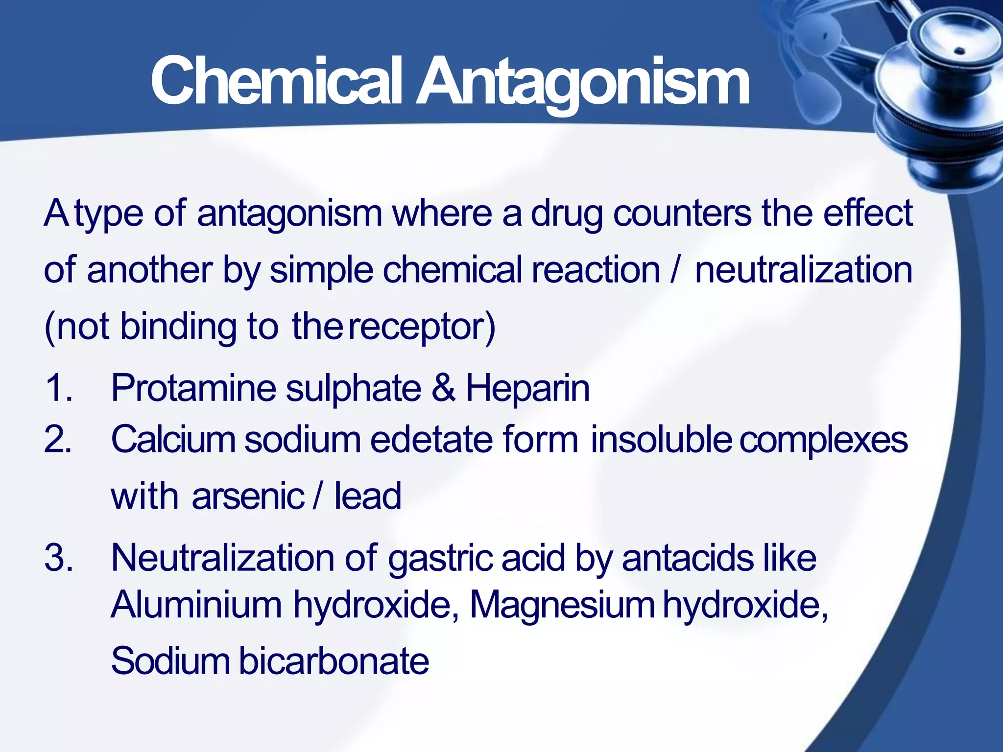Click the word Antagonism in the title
[x=583, y=82]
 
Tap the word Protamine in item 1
[x=193, y=388]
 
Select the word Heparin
[x=527, y=388]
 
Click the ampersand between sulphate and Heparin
[x=443, y=388]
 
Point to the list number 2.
[x=58, y=439]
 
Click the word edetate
[x=431, y=439]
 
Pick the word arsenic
[x=248, y=496]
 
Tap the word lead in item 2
[x=367, y=496]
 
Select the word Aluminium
[x=196, y=605]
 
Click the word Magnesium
[x=562, y=605]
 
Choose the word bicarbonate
[x=334, y=661]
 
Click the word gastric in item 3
[x=440, y=559]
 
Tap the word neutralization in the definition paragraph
[x=804, y=270]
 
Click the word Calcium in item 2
[x=173, y=439]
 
